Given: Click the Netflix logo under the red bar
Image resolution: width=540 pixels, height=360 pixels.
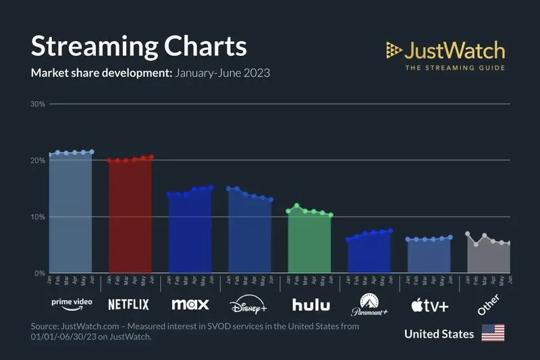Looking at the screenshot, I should coord(128,304).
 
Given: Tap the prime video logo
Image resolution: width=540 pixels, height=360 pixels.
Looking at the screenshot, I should coord(71,303).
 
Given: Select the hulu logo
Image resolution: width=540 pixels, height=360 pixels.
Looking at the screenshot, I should coord(311,305).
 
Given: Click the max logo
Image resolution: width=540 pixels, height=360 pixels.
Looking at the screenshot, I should coord(190,304).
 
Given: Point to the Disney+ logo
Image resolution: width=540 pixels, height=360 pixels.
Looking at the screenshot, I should coord(248,305).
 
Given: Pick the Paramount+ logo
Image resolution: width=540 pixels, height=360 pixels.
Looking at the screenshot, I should coord(369,305).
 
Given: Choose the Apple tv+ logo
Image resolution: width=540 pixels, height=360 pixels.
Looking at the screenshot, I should coord(429,305).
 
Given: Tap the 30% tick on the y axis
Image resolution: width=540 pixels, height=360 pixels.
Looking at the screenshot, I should coord(38,104).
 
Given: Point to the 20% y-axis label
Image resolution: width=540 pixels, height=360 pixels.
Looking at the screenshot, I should coord(38,161).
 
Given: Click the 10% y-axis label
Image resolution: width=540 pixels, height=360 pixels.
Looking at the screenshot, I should coord(38,217).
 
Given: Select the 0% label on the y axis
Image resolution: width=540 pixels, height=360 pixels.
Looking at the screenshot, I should coord(40,274).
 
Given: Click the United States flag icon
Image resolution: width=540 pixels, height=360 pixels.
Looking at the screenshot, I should coord(493,333).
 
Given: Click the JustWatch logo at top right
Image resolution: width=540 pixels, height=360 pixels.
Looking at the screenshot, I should coord(446,51).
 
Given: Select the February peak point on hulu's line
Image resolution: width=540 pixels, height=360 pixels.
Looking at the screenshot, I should coord(297,205).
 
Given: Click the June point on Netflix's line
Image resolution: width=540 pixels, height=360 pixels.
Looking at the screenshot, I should coord(152,157).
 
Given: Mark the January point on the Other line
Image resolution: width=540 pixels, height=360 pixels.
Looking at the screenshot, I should coord(467,234).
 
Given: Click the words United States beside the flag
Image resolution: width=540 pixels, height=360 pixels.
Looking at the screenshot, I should coord(439,334).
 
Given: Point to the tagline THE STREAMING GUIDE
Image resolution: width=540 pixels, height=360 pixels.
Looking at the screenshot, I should coord(454,68).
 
